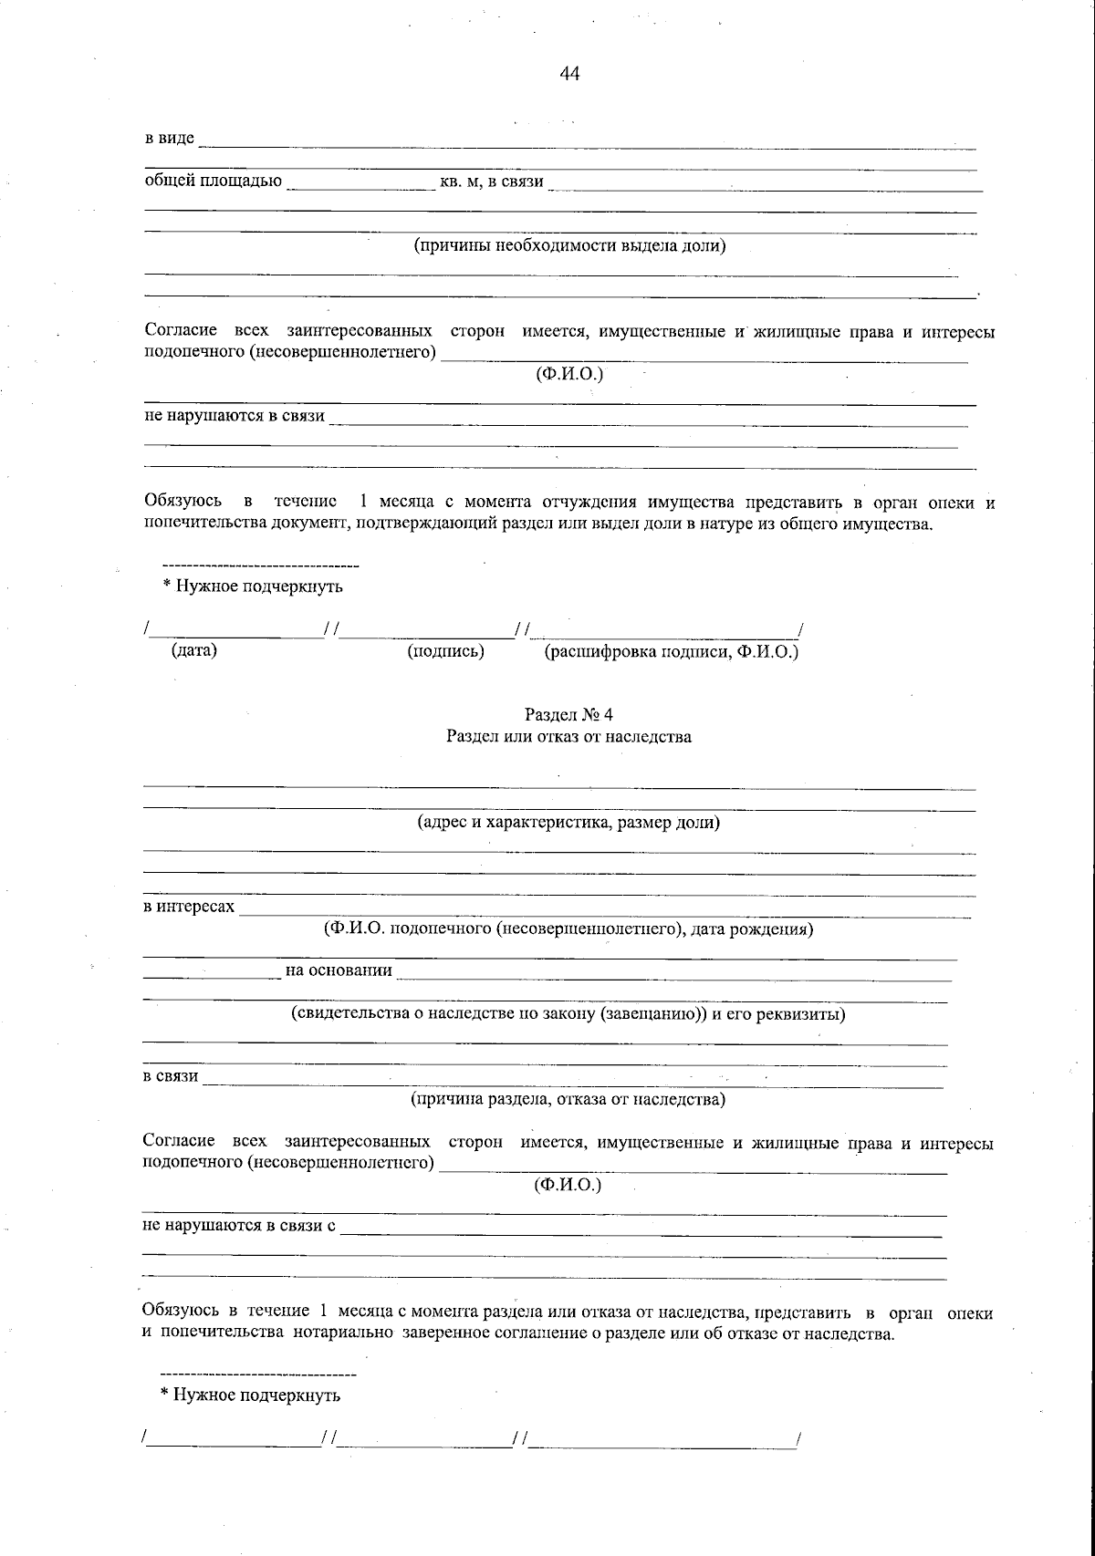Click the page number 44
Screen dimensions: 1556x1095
(x=569, y=74)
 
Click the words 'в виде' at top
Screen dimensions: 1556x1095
(x=170, y=138)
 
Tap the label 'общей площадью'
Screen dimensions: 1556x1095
(x=214, y=181)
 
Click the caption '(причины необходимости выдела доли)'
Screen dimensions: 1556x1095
(x=569, y=245)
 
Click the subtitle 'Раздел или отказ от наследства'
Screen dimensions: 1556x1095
(x=568, y=737)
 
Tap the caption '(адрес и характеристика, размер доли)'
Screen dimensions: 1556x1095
(x=568, y=823)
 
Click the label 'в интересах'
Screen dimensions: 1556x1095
(x=189, y=907)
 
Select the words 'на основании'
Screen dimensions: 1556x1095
(x=339, y=970)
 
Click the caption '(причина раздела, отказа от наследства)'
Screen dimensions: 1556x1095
(x=568, y=1099)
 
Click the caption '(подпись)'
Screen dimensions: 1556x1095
(x=444, y=651)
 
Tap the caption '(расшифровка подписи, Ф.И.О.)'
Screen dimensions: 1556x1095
(x=671, y=651)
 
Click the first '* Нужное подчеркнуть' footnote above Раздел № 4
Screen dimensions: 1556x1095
(x=253, y=586)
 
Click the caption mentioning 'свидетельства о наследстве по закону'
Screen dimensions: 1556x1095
(x=568, y=1013)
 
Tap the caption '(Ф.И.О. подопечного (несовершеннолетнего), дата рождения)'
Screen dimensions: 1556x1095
(x=568, y=929)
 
